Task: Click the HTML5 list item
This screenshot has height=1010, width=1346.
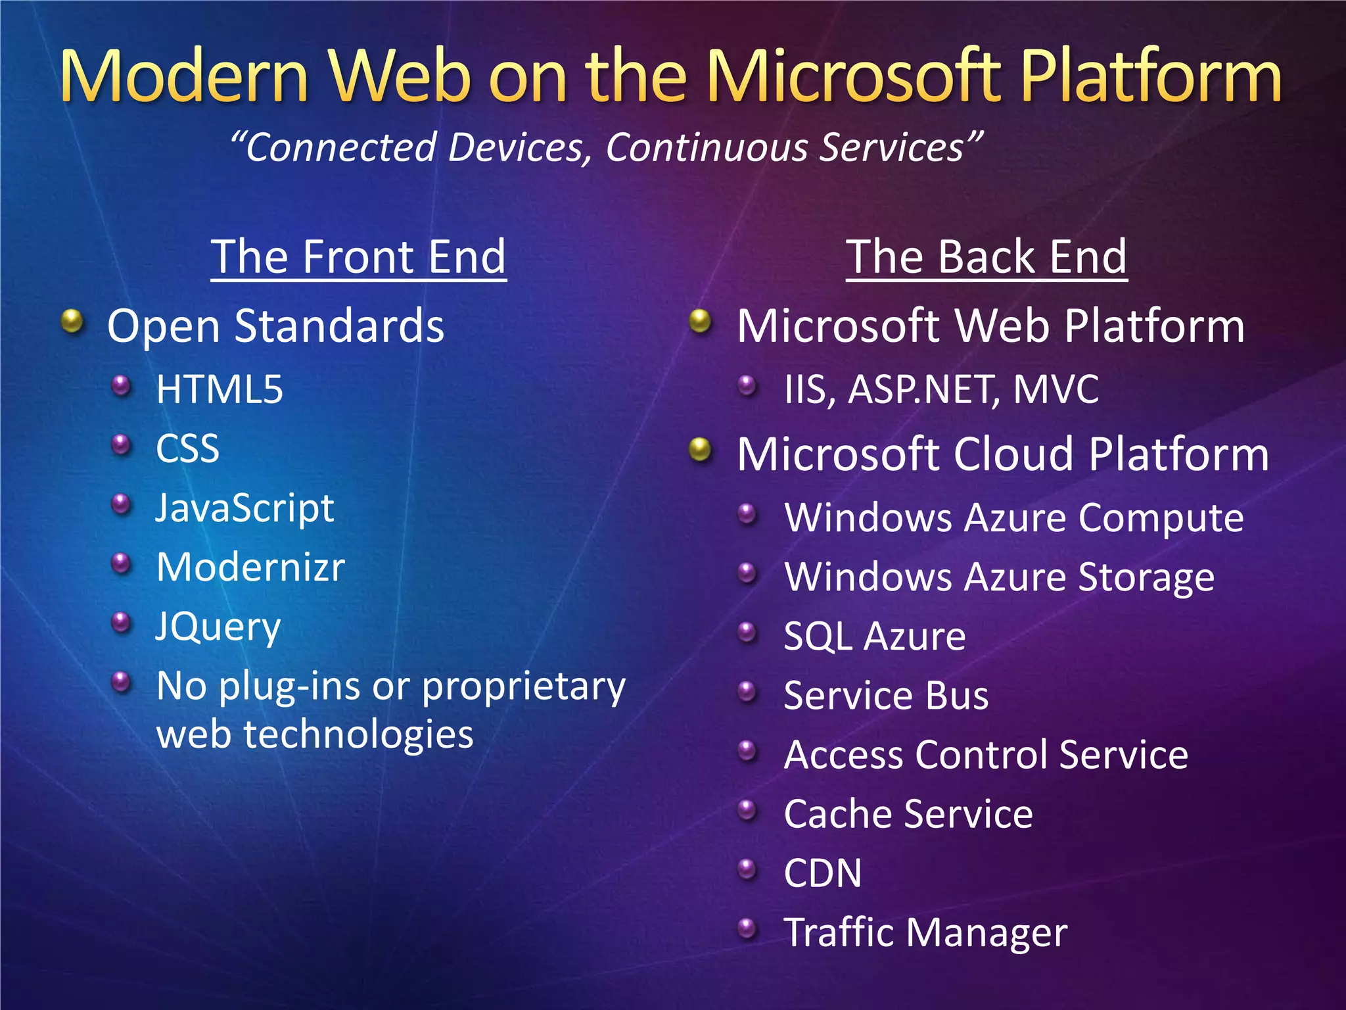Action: point(220,389)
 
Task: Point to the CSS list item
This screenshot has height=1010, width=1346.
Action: point(187,449)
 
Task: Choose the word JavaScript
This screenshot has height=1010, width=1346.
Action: point(244,508)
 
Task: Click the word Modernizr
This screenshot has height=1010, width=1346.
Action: point(250,567)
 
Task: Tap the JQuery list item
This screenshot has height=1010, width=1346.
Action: point(218,627)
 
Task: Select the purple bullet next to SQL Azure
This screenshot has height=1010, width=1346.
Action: point(747,633)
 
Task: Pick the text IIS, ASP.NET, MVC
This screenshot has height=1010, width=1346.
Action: point(941,389)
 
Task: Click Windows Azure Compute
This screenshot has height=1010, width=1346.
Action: point(1013,517)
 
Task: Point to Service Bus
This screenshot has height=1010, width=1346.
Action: point(886,696)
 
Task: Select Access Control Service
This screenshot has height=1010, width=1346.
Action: point(986,755)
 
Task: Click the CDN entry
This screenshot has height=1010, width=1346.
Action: point(822,873)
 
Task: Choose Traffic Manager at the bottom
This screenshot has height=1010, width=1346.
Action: point(925,932)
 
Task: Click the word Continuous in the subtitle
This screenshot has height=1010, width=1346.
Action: point(707,147)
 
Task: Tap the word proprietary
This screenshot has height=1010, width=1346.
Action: point(523,687)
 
